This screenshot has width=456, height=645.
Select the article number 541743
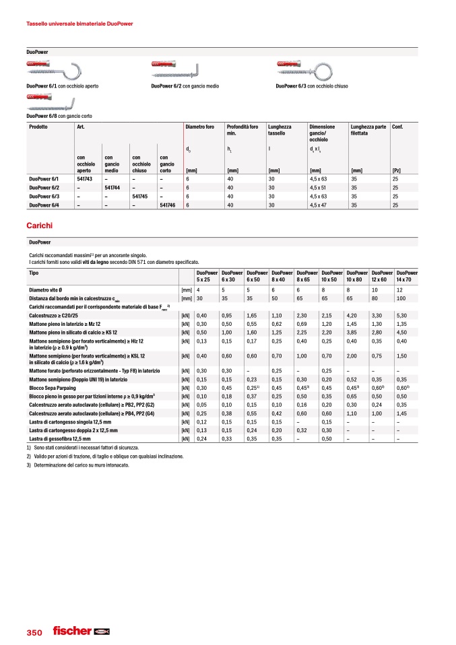pyautogui.click(x=85, y=179)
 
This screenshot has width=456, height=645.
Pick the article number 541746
pyautogui.click(x=168, y=205)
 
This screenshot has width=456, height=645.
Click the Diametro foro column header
pyautogui.click(x=200, y=126)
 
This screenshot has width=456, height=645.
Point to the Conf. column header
pyautogui.click(x=398, y=126)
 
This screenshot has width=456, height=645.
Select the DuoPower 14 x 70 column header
pyautogui.click(x=406, y=276)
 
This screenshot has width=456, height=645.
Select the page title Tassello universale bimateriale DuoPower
pyautogui.click(x=79, y=24)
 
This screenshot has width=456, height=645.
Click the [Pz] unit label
pyautogui.click(x=396, y=171)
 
